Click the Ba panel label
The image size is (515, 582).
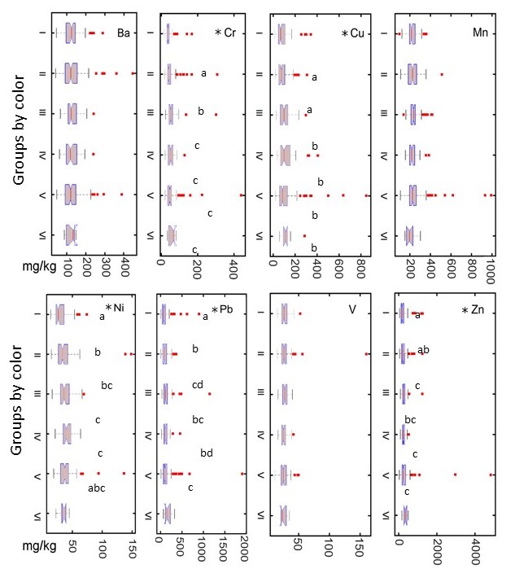pos(124,33)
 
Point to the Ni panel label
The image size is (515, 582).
pos(123,307)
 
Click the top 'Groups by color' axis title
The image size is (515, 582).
pos(20,139)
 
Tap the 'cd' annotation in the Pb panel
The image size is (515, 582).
pos(198,384)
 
